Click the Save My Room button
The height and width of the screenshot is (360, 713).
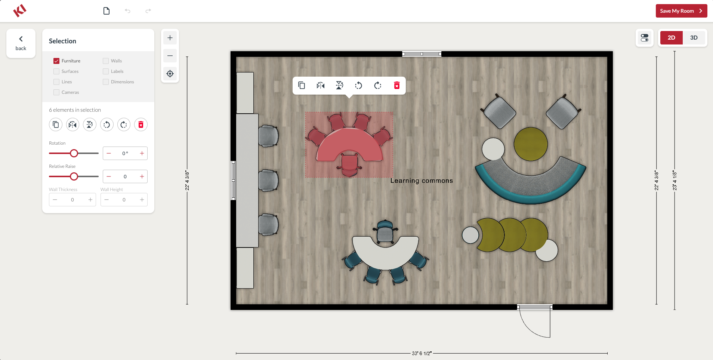(681, 11)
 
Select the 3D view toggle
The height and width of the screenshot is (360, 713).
(694, 38)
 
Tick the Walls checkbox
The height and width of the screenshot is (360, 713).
(106, 61)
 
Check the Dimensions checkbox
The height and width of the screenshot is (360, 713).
(106, 82)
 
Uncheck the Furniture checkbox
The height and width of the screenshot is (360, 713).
(56, 61)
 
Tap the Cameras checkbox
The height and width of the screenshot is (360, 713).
(56, 92)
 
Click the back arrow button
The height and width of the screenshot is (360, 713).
(21, 43)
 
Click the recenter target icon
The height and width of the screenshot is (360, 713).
(170, 74)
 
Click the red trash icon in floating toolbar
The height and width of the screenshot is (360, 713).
(397, 86)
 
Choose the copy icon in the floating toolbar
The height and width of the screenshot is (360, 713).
(302, 86)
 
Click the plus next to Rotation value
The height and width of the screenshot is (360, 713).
(142, 153)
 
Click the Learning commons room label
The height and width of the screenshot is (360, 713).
(422, 181)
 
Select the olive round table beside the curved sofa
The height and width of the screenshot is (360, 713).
(531, 144)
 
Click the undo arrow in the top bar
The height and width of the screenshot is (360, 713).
(127, 11)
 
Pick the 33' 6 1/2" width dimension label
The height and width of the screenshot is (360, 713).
(422, 353)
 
